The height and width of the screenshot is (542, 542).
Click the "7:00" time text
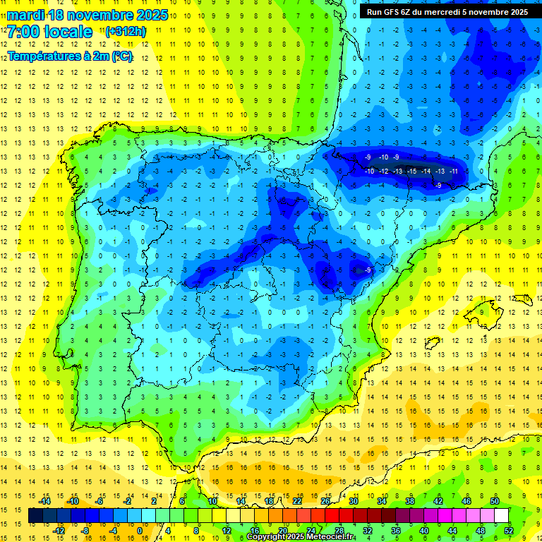23,32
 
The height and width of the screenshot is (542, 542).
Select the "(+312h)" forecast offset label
125,32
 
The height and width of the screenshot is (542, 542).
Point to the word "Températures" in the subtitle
43,56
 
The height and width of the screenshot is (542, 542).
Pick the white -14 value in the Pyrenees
426,171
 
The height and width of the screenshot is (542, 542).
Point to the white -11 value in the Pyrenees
454,171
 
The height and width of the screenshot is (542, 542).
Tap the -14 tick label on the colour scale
46,500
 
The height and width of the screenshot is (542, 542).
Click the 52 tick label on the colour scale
508,531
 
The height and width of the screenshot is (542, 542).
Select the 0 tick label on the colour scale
139,531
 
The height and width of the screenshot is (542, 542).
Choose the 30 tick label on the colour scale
353,500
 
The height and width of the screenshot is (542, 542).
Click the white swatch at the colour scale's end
501,516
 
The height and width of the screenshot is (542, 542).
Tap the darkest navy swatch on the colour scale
35,516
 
